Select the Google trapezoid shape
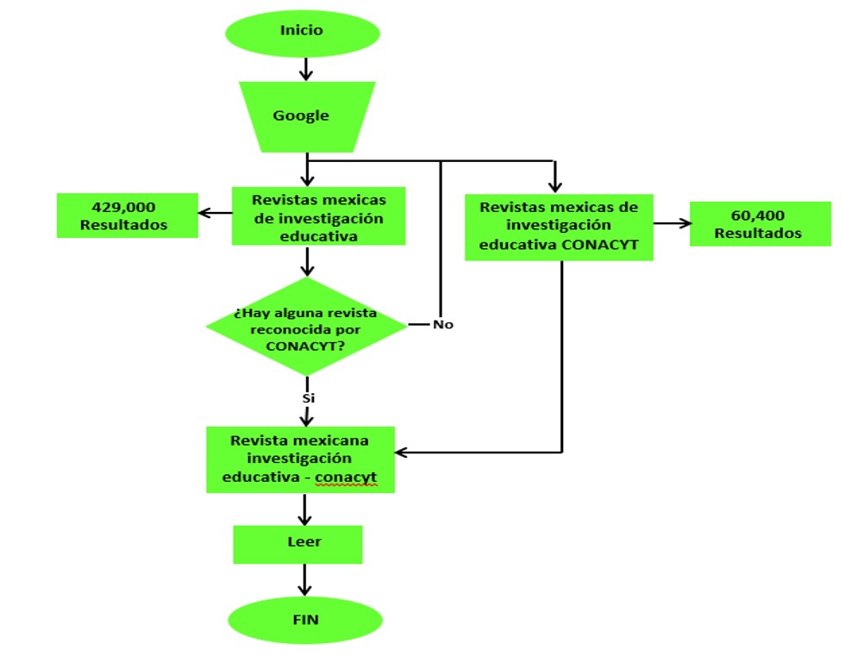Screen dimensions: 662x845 click(302, 116)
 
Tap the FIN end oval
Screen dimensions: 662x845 click(305, 621)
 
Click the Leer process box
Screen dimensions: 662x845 click(298, 544)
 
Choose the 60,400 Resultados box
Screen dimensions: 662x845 click(748, 223)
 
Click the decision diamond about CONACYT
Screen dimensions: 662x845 click(305, 326)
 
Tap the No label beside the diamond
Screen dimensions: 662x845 click(442, 325)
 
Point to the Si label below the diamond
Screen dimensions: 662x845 click(308, 399)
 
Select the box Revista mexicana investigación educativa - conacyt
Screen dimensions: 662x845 click(300, 459)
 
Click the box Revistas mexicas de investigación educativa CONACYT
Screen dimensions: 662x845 click(559, 227)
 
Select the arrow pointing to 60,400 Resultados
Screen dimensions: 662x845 click(672, 223)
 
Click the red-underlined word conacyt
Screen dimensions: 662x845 click(346, 477)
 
